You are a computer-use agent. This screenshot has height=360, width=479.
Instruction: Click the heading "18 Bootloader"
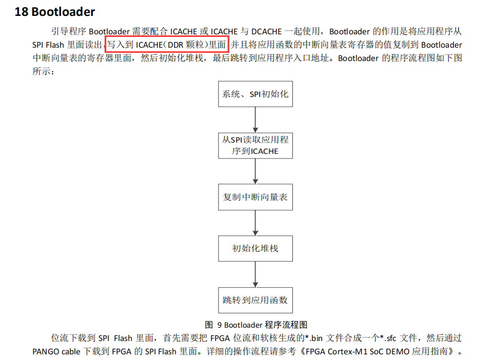point(55,11)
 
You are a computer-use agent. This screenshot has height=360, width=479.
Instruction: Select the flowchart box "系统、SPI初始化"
point(255,94)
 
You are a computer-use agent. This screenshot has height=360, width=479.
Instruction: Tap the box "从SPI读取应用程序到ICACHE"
point(255,146)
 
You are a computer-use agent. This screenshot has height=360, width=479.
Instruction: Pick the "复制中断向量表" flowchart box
point(255,197)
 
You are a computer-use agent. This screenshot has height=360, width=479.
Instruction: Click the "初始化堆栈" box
point(255,248)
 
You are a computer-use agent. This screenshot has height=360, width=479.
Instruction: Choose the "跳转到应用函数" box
point(255,300)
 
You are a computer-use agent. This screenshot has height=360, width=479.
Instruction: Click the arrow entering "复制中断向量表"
point(255,171)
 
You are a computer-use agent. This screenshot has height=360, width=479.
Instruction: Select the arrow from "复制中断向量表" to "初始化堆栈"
point(255,223)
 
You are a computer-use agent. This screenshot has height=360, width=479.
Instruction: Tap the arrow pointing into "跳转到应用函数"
point(255,274)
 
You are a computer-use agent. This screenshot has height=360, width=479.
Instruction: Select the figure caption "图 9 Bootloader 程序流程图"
point(255,325)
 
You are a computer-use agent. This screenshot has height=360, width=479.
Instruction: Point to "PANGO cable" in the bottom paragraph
point(56,352)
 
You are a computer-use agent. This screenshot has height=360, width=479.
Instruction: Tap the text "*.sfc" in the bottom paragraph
point(392,338)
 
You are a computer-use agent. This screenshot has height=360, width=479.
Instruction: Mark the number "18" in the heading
point(21,11)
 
